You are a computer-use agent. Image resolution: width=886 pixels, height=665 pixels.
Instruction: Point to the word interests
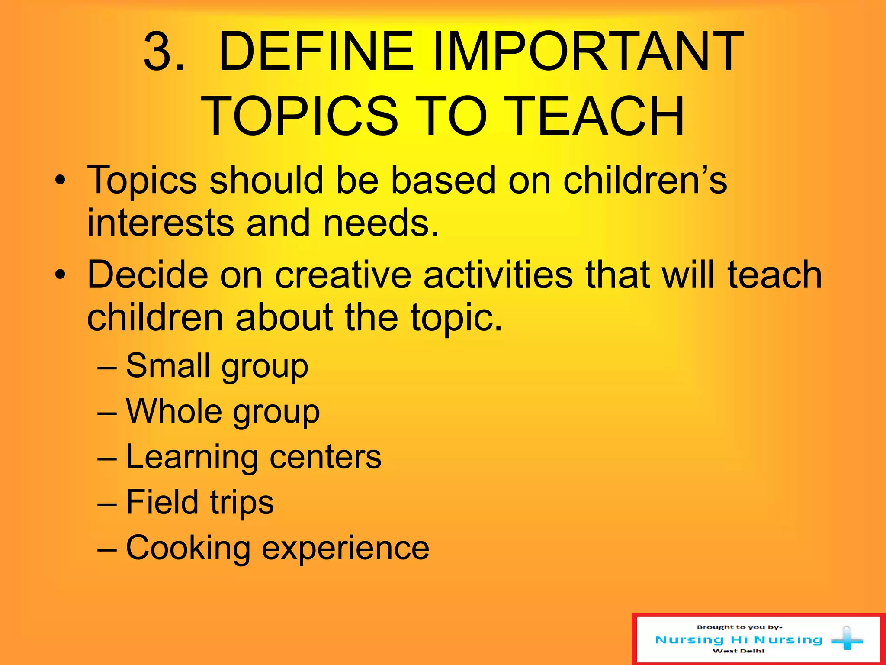coord(161,223)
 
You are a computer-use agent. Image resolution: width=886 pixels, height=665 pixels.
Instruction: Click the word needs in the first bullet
coord(381,223)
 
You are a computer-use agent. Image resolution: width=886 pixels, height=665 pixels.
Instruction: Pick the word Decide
coord(148,274)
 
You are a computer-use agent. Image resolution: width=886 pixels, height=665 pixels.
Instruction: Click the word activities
coord(498,274)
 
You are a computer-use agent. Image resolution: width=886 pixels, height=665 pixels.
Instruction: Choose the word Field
coord(162,502)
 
